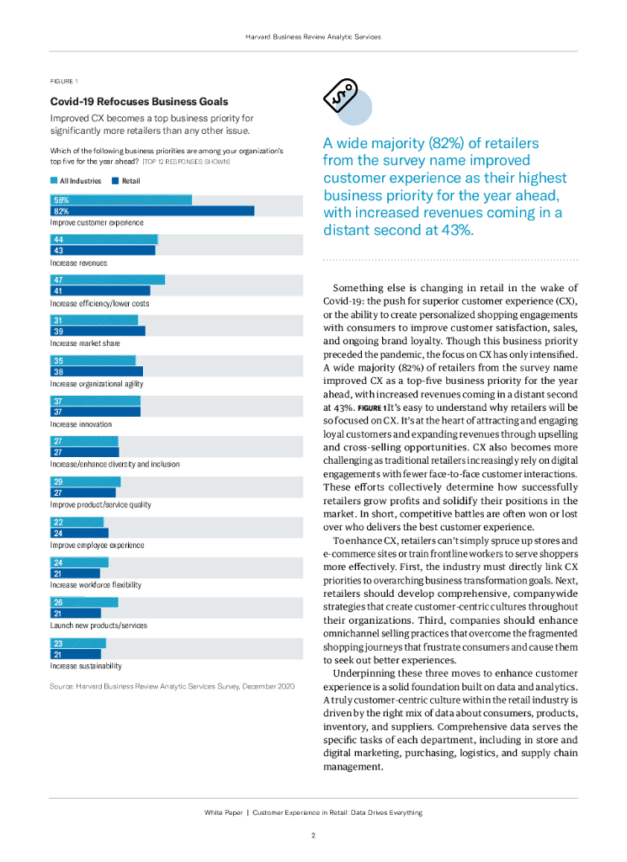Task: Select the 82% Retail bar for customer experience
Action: coord(152,211)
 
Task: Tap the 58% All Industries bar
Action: coord(121,200)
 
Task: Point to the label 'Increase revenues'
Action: coord(78,263)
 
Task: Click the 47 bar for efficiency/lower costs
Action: coord(108,280)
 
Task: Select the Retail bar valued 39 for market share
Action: coord(98,332)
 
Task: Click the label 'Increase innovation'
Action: coord(81,424)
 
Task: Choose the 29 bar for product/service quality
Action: coord(85,482)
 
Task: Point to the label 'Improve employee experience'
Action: coord(97,545)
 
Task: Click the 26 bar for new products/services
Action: coord(84,603)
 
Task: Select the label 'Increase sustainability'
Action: coord(86,666)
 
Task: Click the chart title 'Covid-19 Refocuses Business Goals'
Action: coord(139,101)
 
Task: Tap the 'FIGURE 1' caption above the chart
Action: coord(64,82)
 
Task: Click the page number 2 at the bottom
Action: coord(313,836)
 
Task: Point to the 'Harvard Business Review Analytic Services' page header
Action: coord(313,37)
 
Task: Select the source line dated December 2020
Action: coord(172,688)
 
